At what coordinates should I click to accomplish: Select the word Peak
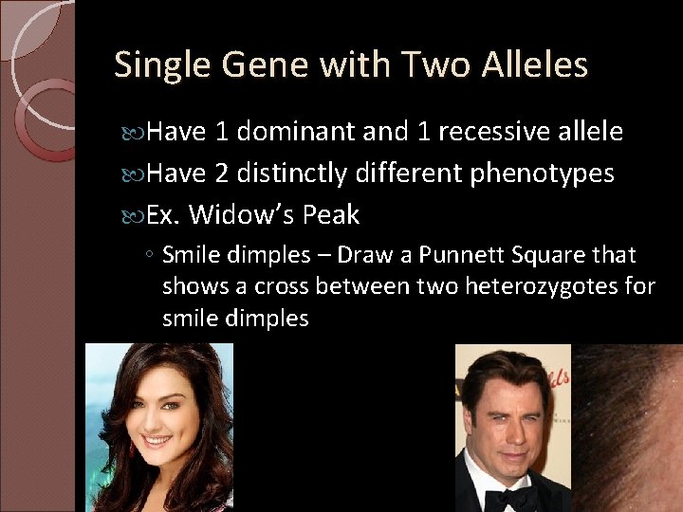coord(331,215)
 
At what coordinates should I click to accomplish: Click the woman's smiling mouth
coord(157,441)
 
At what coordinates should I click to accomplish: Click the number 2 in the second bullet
coord(220,174)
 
